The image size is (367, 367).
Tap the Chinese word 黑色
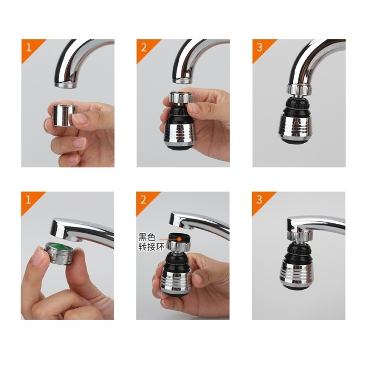pyautogui.click(x=147, y=238)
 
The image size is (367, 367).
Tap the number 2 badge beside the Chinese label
pyautogui.click(x=143, y=199)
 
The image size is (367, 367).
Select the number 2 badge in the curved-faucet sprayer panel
pyautogui.click(x=143, y=46)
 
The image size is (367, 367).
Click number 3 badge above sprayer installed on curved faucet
pyautogui.click(x=259, y=46)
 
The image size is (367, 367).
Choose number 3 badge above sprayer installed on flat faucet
pyautogui.click(x=259, y=199)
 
